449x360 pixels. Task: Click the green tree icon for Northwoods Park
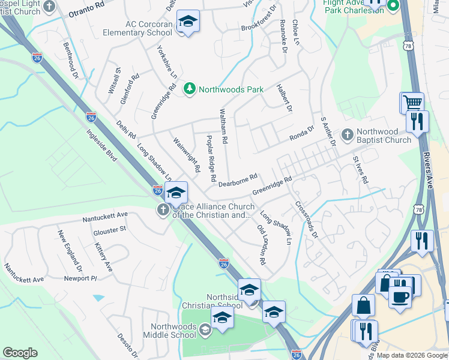[x=190, y=89]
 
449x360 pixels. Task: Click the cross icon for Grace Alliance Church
[x=162, y=211]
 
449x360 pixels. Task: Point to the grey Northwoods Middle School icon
[x=205, y=329]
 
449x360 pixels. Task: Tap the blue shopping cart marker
[x=412, y=103]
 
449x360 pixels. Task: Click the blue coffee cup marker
[x=400, y=296]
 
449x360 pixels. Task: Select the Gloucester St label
[x=109, y=229]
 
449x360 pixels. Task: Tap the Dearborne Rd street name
[x=238, y=181]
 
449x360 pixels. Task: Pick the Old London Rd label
[x=262, y=245]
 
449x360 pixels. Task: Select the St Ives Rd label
[x=360, y=170]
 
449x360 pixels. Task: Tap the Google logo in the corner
[x=20, y=353]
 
